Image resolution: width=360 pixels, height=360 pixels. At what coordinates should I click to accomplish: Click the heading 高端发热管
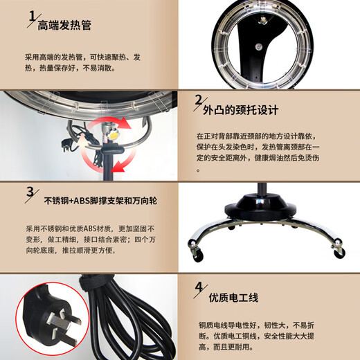tap(64, 26)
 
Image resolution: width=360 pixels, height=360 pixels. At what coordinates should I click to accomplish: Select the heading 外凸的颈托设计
tap(240, 110)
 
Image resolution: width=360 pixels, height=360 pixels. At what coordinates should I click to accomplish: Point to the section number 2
tap(198, 100)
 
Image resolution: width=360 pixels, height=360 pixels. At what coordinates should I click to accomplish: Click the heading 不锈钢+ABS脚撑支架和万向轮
tap(100, 201)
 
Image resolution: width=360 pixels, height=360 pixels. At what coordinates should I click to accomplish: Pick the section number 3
tap(30, 192)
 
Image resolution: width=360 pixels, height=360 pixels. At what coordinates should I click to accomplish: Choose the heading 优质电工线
tap(233, 298)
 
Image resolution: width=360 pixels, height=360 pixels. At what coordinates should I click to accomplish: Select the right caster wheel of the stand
tap(339, 253)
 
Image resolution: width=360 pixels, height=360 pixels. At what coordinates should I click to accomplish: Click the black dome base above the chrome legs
tap(261, 206)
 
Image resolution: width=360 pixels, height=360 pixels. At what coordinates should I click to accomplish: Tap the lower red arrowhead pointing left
tap(117, 166)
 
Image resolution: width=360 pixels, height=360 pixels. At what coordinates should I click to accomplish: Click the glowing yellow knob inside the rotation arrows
tap(114, 135)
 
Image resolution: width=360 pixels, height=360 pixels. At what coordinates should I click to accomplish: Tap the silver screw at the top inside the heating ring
tap(262, 21)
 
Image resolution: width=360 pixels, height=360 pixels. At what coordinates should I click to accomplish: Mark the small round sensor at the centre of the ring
tap(258, 46)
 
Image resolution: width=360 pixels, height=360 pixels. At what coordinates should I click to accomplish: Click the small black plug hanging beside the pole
tap(66, 144)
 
